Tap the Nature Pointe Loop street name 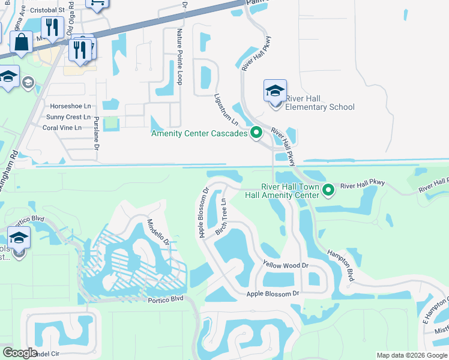click(x=178, y=56)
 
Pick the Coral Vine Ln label click(x=67, y=127)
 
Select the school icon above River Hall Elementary click(x=275, y=92)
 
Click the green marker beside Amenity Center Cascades click(x=256, y=133)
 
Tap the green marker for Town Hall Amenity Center click(x=328, y=191)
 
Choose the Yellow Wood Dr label click(x=285, y=265)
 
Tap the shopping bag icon click(x=21, y=43)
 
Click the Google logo click(x=20, y=353)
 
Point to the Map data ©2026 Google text click(x=412, y=355)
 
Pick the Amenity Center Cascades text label click(x=199, y=133)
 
